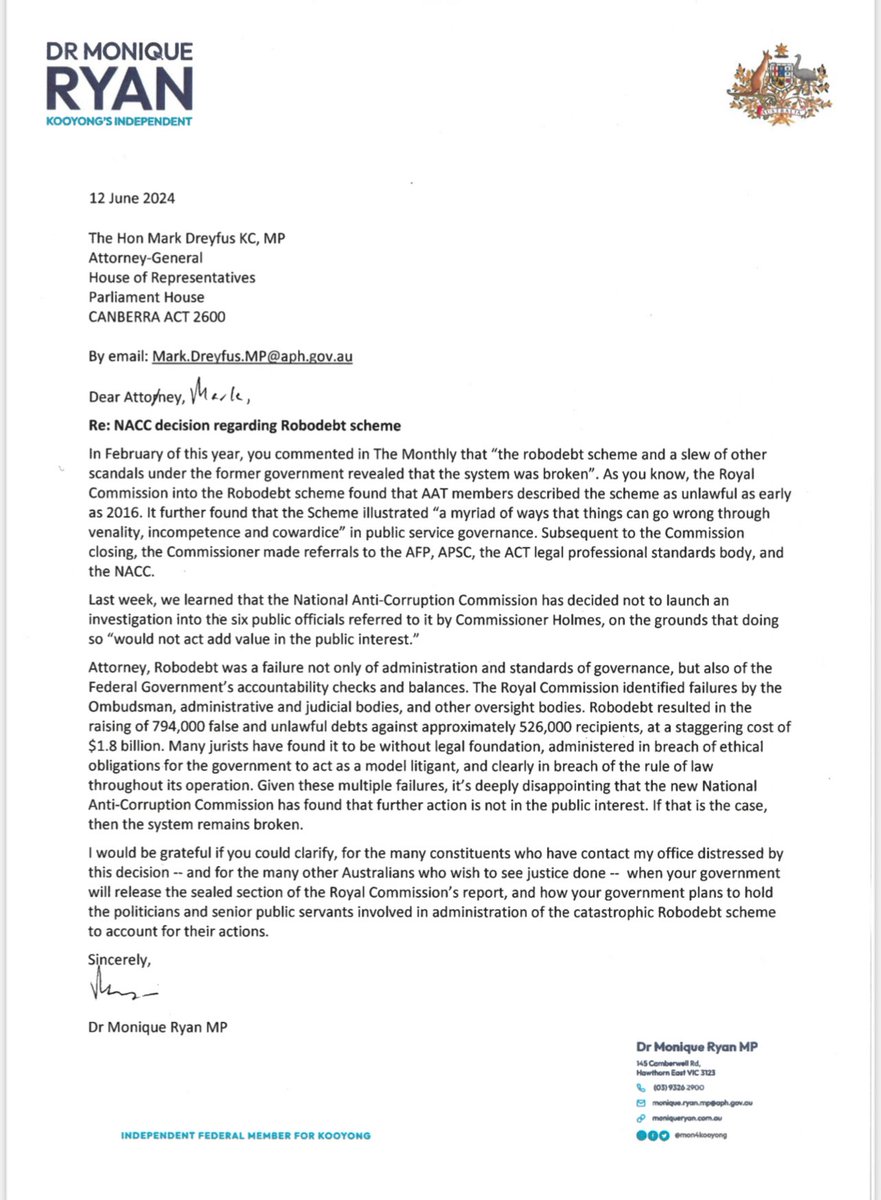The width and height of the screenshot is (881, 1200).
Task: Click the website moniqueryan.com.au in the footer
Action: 689,1118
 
